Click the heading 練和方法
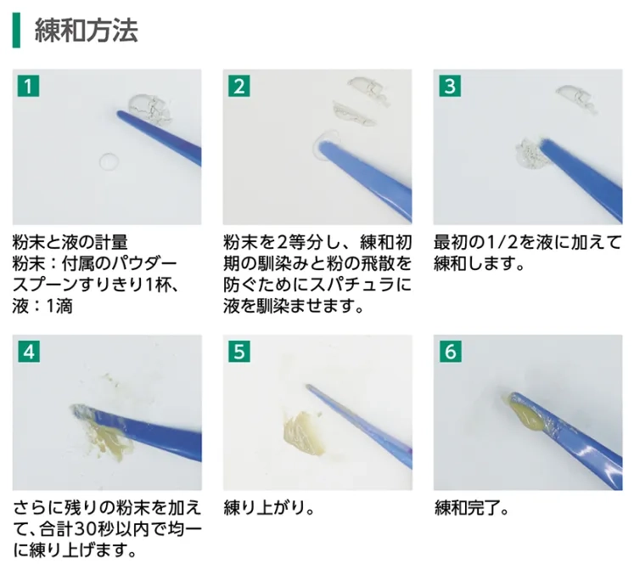(86, 31)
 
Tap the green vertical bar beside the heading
(16, 31)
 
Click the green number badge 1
(28, 86)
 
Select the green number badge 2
(239, 86)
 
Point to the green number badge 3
(450, 86)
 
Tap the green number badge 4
(29, 352)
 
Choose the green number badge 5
(239, 352)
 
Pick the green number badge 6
(451, 352)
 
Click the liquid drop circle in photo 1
(109, 162)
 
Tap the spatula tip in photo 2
(323, 145)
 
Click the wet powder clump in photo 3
(531, 155)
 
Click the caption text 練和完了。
(471, 508)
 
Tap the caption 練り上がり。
(269, 508)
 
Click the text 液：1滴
(42, 307)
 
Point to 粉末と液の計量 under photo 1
(70, 243)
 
